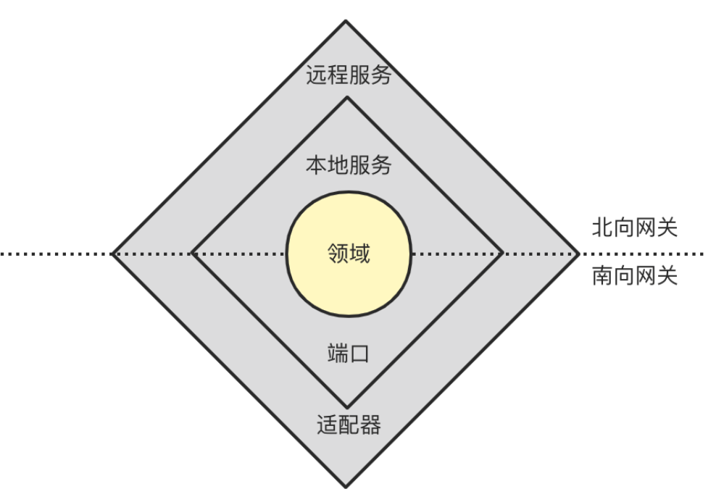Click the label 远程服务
click(x=348, y=75)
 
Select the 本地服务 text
click(x=348, y=165)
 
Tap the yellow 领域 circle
click(x=349, y=254)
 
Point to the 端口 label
click(x=348, y=354)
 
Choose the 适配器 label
click(x=348, y=425)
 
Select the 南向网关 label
click(x=634, y=276)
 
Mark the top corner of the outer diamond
click(x=346, y=22)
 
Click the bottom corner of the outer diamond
click(x=346, y=486)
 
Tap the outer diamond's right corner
click(x=580, y=254)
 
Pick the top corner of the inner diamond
click(x=346, y=98)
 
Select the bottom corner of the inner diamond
click(x=346, y=408)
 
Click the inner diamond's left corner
click(x=191, y=254)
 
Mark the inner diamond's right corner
click(x=503, y=254)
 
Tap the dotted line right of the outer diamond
click(x=645, y=254)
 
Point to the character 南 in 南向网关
click(x=602, y=276)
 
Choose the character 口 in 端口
click(x=359, y=354)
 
